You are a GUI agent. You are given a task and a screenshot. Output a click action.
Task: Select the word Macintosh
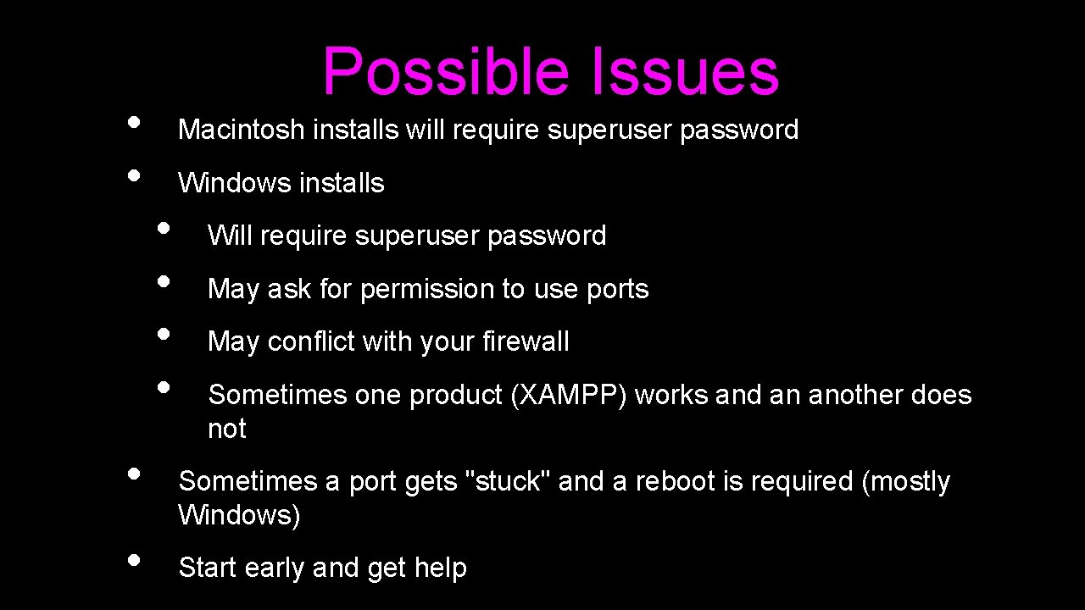click(x=241, y=130)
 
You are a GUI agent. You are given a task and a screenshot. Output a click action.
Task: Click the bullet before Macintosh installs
click(x=133, y=121)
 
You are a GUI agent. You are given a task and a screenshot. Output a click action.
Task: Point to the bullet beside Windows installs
click(x=133, y=175)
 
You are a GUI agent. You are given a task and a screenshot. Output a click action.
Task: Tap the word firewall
click(x=526, y=341)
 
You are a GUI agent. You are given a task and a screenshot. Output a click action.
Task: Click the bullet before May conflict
click(x=164, y=334)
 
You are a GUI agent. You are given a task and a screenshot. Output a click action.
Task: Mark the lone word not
click(x=227, y=429)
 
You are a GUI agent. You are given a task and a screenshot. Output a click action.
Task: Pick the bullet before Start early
click(x=133, y=559)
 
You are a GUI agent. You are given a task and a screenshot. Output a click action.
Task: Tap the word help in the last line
click(x=441, y=568)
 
